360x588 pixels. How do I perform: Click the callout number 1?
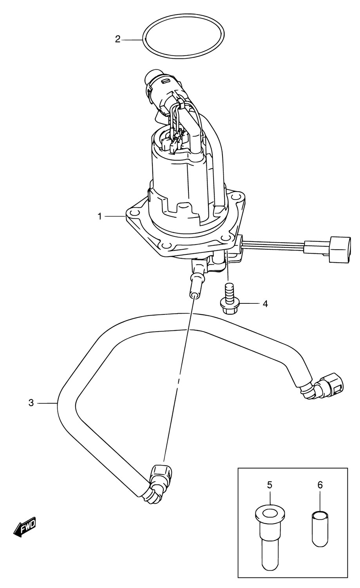tap(99, 217)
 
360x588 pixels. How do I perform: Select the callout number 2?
tap(118, 39)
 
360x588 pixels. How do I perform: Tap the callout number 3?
tap(31, 403)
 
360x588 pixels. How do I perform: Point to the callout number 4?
tap(265, 304)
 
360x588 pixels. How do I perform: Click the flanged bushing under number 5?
tap(270, 534)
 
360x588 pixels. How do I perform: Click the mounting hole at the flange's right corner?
tap(237, 196)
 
